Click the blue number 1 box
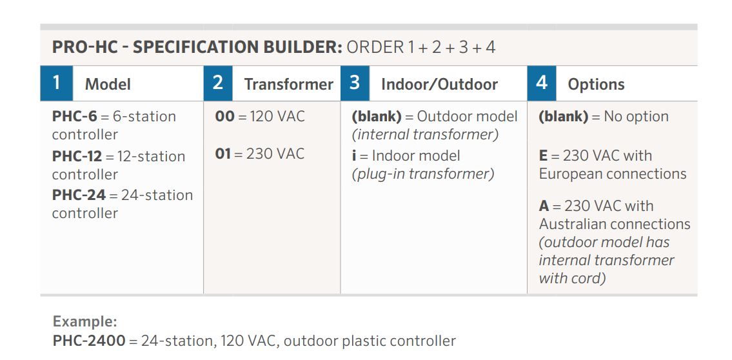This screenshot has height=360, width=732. (57, 84)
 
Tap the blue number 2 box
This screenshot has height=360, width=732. (218, 84)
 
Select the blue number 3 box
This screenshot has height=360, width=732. (355, 84)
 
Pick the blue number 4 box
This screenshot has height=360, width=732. (542, 84)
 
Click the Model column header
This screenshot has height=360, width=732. (108, 85)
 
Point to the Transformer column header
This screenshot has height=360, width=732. (288, 85)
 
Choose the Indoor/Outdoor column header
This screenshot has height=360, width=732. (439, 85)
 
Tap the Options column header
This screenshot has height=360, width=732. (596, 85)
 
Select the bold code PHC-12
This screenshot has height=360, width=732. (77, 156)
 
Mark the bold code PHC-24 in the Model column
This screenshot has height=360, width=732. (79, 195)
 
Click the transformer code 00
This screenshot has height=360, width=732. (224, 116)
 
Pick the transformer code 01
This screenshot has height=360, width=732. (223, 154)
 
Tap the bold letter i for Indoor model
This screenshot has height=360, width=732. (354, 155)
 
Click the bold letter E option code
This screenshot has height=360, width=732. (543, 155)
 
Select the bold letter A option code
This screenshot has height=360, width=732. (544, 206)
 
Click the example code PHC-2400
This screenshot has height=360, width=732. (89, 341)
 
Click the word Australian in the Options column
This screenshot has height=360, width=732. (576, 224)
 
